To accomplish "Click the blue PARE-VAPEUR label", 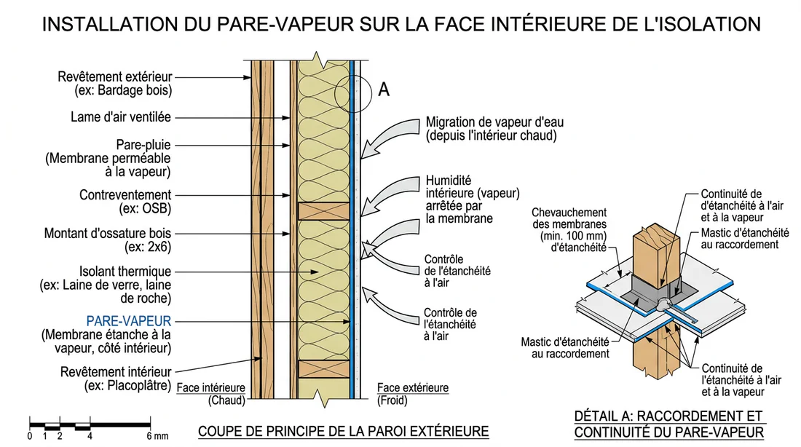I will [x=129, y=320].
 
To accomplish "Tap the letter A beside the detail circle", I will [x=384, y=90].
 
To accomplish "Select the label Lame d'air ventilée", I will [x=121, y=116].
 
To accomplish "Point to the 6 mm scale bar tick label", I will [x=153, y=436].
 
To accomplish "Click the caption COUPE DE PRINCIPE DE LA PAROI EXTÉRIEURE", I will [x=344, y=431].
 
